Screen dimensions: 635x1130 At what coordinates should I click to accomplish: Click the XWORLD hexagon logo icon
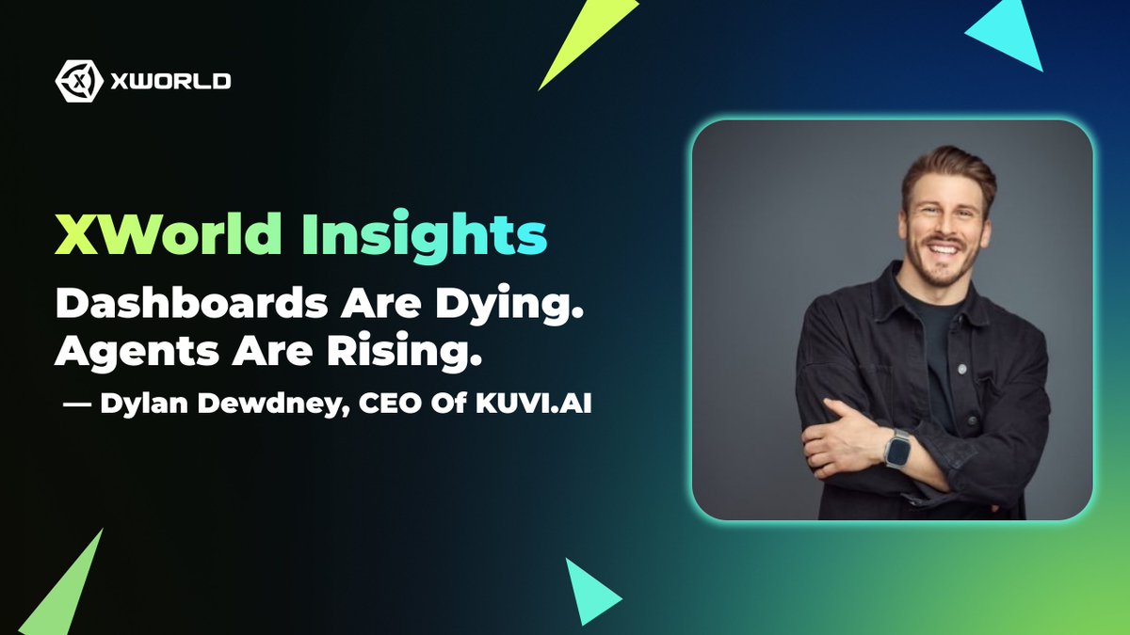77,81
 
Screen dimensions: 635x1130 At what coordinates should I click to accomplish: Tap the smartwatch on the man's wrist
897,448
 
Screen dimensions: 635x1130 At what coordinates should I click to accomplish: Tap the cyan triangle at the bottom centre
588,592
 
